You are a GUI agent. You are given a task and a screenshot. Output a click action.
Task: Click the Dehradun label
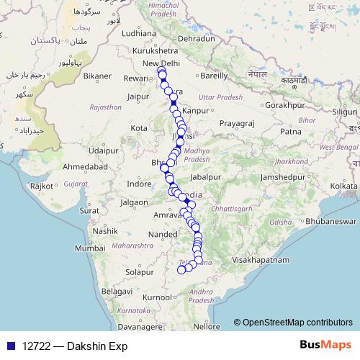(197, 37)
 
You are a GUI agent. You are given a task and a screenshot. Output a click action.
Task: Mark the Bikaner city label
(97, 75)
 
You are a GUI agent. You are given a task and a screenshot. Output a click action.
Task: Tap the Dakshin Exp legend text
(71, 345)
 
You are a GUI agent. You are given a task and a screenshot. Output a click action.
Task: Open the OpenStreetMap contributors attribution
(297, 323)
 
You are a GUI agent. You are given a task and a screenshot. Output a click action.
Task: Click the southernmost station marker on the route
(181, 271)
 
